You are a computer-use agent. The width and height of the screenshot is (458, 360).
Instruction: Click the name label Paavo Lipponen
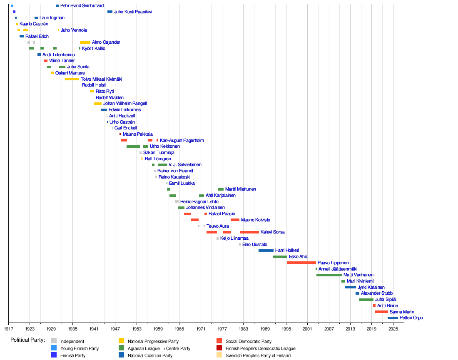coord(333,263)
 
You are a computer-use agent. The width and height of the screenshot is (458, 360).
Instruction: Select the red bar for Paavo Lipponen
coord(301,263)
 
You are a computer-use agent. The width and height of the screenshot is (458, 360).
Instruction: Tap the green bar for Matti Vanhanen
coord(329,275)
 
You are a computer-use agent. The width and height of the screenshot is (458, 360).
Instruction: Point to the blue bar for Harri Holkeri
coord(266,251)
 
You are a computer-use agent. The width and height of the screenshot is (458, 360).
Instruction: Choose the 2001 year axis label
coord(308,329)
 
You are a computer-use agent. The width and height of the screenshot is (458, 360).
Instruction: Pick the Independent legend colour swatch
coord(54,341)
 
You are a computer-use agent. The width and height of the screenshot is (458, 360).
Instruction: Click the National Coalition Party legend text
coord(150,355)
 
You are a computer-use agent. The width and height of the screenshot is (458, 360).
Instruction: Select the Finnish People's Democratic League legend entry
coord(260,348)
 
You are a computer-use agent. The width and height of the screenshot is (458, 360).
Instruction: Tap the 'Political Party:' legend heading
coord(27,340)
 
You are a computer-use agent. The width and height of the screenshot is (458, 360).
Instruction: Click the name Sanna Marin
coord(402,312)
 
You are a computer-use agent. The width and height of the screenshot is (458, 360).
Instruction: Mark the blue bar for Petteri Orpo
coord(393,318)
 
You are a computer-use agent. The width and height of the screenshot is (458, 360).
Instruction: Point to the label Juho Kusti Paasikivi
coord(133,12)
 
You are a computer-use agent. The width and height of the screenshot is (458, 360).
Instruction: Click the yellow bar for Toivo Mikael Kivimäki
coord(72,79)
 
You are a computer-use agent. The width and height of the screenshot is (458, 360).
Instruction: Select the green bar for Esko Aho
coord(280,257)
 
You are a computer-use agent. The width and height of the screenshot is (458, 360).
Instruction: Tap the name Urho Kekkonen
coord(165,146)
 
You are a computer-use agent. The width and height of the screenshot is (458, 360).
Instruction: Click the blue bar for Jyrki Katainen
coord(350,287)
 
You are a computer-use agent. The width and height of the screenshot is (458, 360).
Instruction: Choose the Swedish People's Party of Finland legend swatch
coord(219,355)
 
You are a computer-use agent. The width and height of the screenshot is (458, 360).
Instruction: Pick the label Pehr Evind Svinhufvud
coord(82,6)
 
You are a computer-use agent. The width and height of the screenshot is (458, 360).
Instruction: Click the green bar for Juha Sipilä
coord(366,300)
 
